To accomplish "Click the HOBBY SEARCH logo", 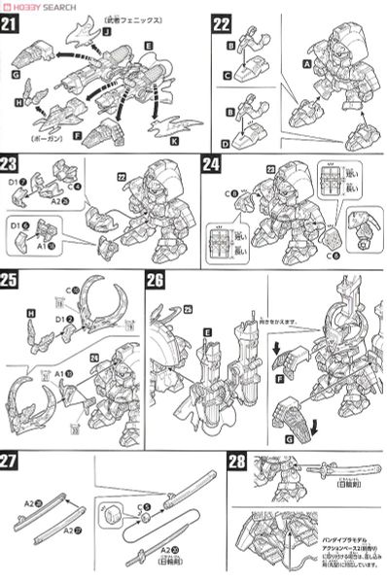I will tap(45, 7).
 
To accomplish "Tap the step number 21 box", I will tap(14, 24).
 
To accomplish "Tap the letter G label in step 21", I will tap(17, 74).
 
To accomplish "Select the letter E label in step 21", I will tap(148, 46).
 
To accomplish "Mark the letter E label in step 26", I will tap(206, 330).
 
